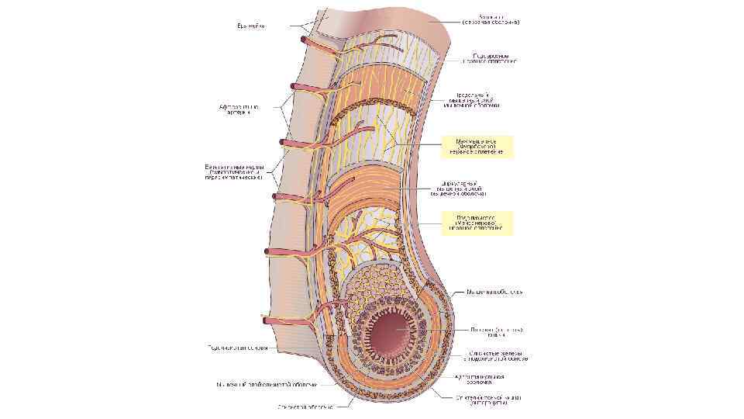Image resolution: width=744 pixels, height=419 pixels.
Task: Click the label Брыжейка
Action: tap(251, 26)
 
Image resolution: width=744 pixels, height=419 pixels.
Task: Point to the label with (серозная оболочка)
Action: tap(490, 19)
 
